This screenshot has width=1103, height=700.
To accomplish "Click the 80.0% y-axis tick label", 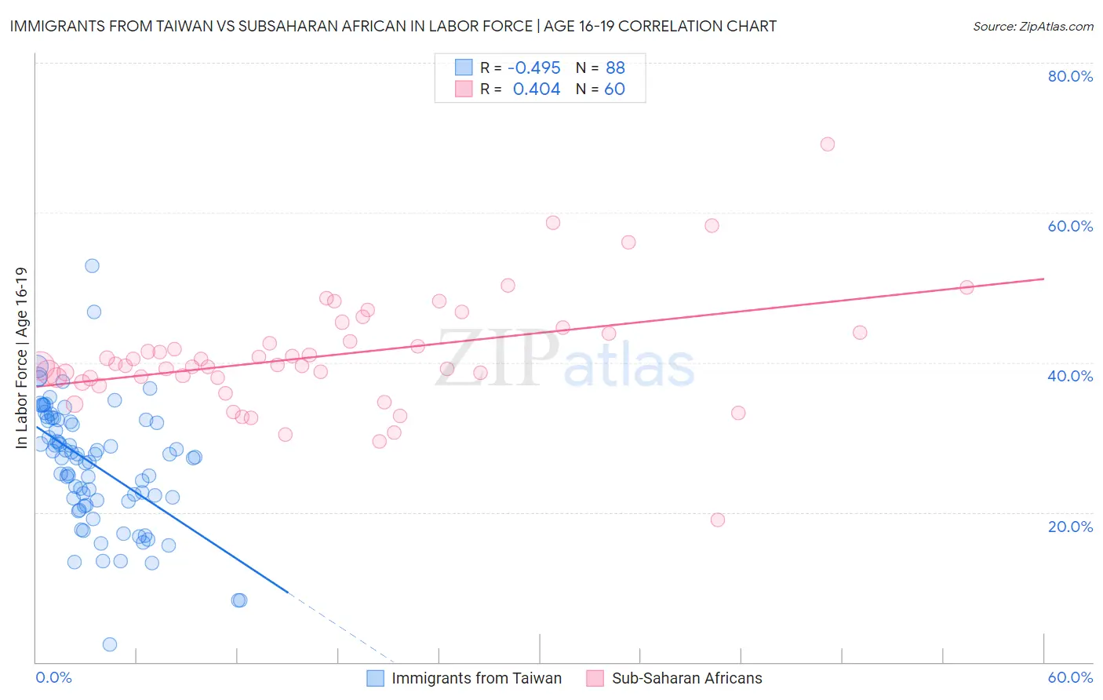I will coord(1070,76).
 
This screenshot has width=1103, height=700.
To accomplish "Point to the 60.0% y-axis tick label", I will coord(1070,226).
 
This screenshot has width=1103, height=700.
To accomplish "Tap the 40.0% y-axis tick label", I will coord(1070,376).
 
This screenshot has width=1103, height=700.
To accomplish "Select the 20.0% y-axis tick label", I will coord(1070,527).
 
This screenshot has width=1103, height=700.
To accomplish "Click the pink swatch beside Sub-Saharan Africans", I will coord(595,679).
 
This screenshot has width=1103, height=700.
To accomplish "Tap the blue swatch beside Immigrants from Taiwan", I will coord(375,679).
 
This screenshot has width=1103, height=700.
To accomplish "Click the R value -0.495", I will coord(533,68).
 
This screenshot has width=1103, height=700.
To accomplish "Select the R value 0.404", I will coord(537,89).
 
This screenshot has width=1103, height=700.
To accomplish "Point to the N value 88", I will coord(615,68).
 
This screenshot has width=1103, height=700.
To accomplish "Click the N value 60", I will coord(614,89).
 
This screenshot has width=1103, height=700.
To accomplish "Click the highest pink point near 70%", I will coord(827,144).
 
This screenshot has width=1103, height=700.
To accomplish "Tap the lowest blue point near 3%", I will coord(110,644).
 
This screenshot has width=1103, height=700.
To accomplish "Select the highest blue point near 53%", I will coord(92,266).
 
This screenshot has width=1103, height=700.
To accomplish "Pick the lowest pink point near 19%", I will coord(717,520).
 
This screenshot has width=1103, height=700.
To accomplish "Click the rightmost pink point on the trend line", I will coord(966,288).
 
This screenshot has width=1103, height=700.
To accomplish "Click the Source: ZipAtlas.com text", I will coord(1032,27).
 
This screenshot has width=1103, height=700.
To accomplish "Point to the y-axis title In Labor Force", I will coord(22,358).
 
